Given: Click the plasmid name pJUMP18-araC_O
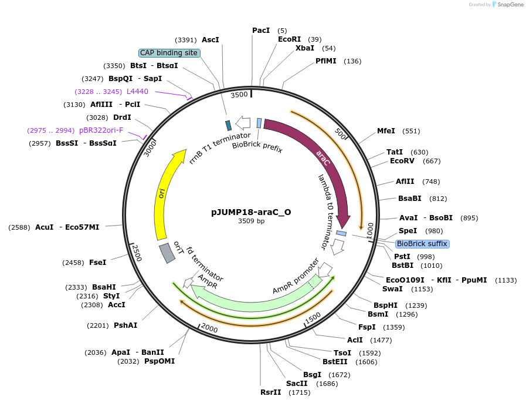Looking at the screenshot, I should pyautogui.click(x=251, y=212).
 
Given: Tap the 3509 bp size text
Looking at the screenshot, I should pyautogui.click(x=251, y=221).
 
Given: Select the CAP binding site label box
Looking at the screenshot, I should pyautogui.click(x=169, y=53).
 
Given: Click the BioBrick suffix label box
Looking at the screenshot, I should pyautogui.click(x=422, y=243).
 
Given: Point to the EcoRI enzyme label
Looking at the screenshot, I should pyautogui.click(x=289, y=39).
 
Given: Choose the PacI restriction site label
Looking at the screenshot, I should pyautogui.click(x=261, y=30).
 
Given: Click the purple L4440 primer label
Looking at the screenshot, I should pyautogui.click(x=137, y=91).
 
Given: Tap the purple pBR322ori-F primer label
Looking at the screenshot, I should pyautogui.click(x=101, y=130).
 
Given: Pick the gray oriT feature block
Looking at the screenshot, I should pyautogui.click(x=167, y=253).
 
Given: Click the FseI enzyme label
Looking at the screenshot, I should pyautogui.click(x=97, y=263).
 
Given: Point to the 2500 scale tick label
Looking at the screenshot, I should pyautogui.click(x=137, y=254).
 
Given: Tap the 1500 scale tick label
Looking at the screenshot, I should pyautogui.click(x=313, y=317).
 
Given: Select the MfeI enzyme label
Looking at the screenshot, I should pyautogui.click(x=386, y=131).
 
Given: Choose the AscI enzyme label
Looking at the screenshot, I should pyautogui.click(x=210, y=40).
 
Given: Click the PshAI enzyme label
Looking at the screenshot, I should pyautogui.click(x=125, y=325).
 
